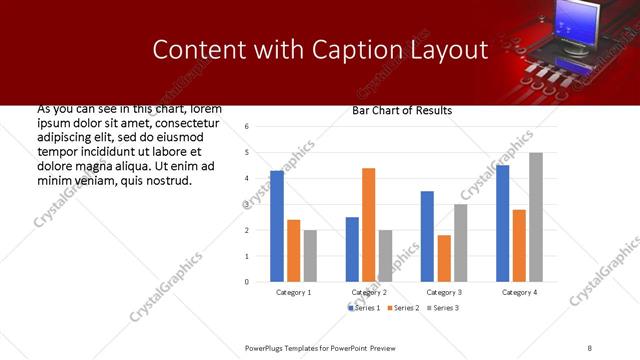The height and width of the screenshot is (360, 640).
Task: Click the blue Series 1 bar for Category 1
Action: click(x=277, y=226)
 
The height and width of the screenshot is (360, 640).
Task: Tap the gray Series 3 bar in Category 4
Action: click(x=536, y=217)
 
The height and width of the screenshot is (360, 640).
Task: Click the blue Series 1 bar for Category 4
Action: click(x=503, y=223)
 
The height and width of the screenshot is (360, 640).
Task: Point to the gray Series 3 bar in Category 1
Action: click(x=310, y=256)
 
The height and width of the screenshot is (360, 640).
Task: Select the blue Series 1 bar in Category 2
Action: click(x=352, y=249)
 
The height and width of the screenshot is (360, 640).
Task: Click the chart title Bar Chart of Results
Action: click(x=402, y=111)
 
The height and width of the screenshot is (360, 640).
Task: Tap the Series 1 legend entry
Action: click(x=365, y=307)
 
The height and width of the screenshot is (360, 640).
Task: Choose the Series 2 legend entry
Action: click(x=403, y=307)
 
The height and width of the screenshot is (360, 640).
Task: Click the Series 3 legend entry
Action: click(x=442, y=307)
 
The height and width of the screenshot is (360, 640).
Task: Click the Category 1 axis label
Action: click(x=294, y=292)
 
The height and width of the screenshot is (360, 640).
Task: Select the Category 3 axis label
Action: click(x=444, y=292)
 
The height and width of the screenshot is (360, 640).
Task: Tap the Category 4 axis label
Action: click(x=519, y=292)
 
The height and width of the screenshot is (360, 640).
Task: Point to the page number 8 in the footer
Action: click(x=589, y=347)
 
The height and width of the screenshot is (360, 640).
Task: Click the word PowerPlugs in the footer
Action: click(x=266, y=347)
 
